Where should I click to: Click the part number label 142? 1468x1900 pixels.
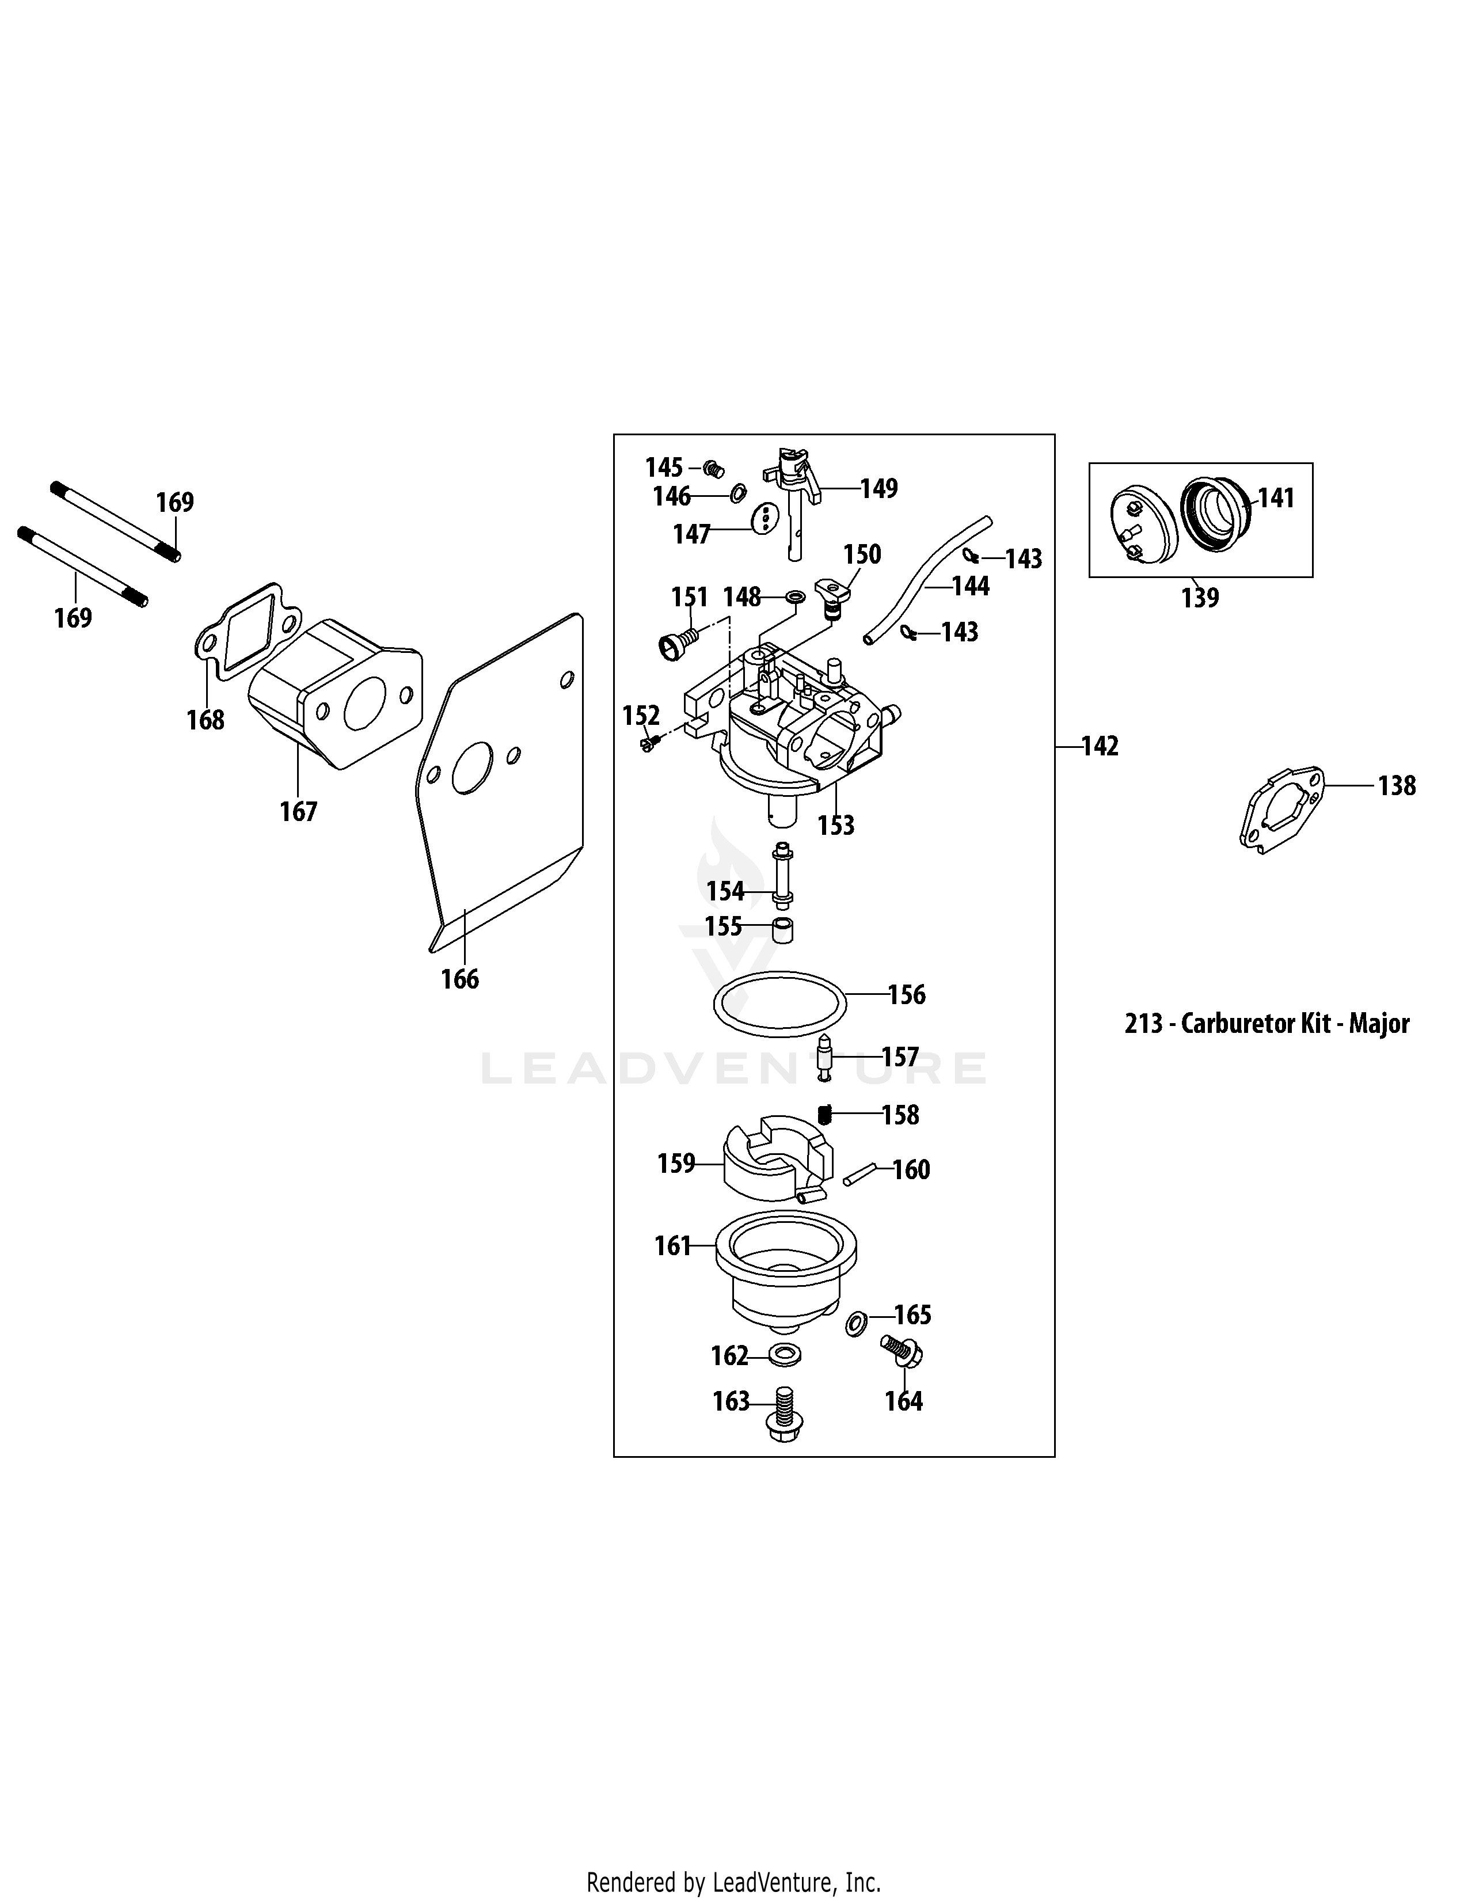[x=1100, y=746]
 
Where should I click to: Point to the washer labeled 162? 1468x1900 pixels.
[x=785, y=1355]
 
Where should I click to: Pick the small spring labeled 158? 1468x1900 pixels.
[x=826, y=1114]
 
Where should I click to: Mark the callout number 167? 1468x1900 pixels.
[x=298, y=812]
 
